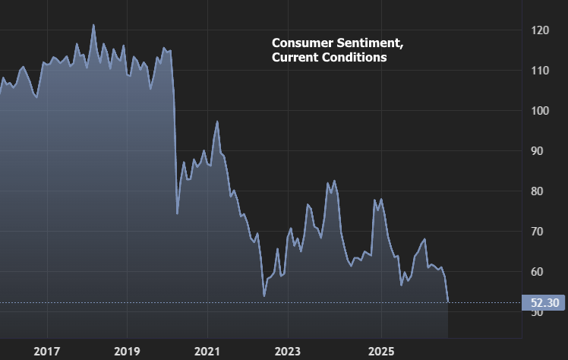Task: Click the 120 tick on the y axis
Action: tap(540, 30)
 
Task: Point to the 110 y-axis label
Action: tap(540, 71)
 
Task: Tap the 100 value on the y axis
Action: tap(540, 111)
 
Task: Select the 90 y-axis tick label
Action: tap(540, 151)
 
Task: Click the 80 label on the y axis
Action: tap(540, 191)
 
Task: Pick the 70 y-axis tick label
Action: tap(540, 232)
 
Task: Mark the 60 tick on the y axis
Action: tap(540, 272)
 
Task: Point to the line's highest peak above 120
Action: tap(93, 25)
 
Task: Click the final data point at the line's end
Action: tap(448, 302)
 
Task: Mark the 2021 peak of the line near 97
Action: tap(217, 122)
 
